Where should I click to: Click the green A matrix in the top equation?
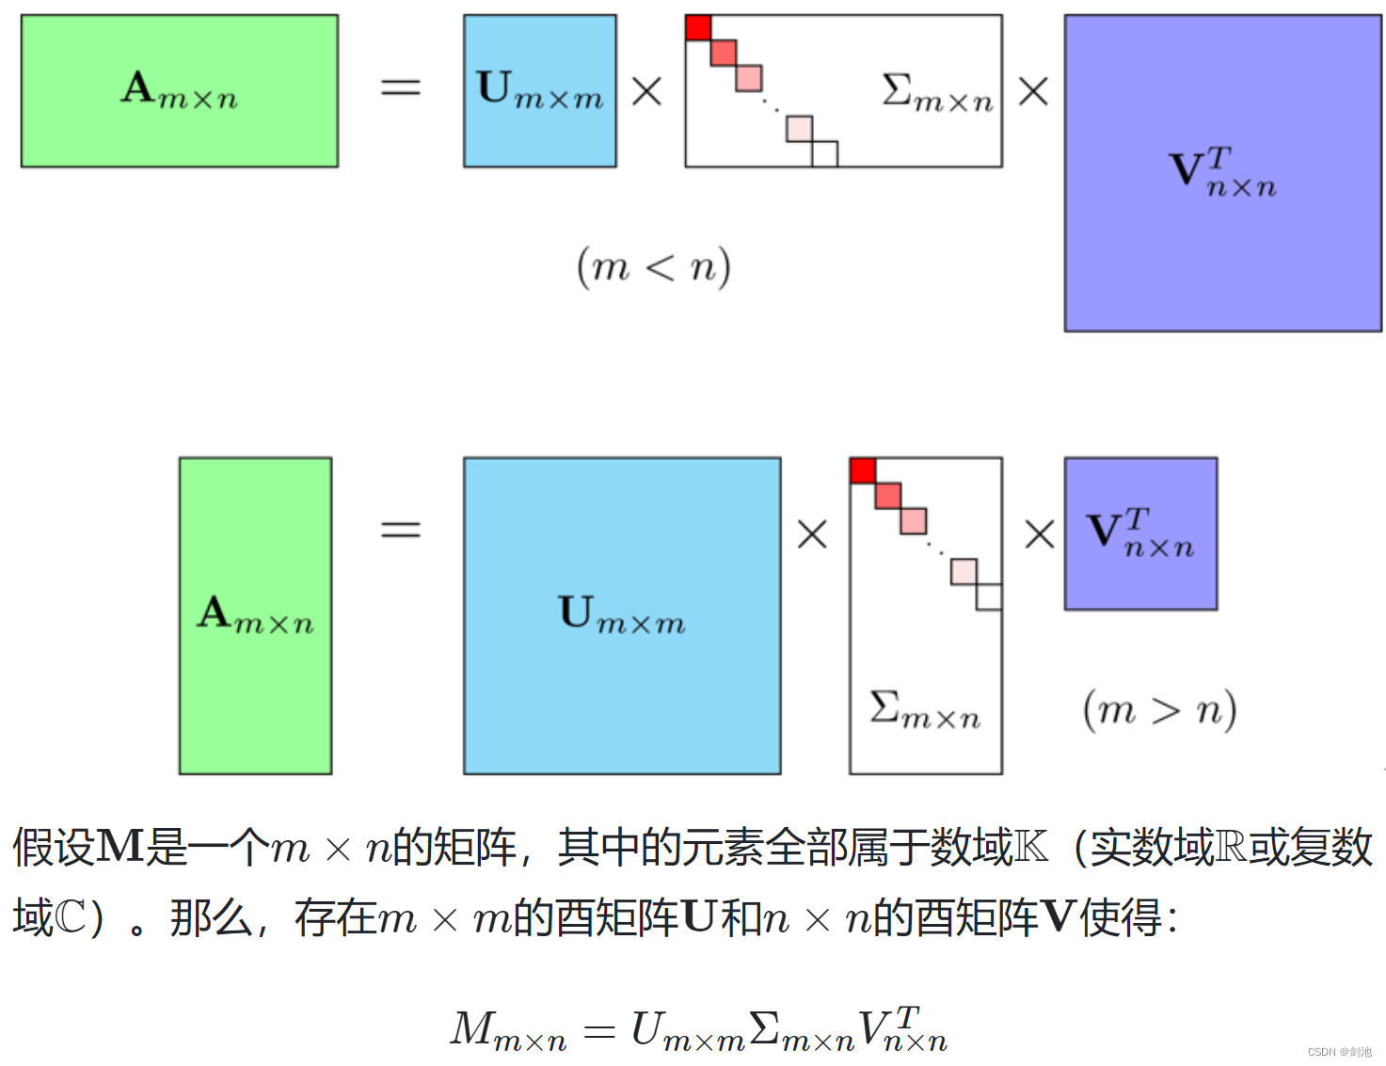[x=179, y=91]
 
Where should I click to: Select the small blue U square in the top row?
[x=539, y=91]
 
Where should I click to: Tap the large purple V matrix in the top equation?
[x=1222, y=173]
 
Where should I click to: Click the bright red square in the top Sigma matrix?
[x=698, y=28]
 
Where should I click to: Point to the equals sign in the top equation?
[x=400, y=88]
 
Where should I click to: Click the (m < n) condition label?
[x=654, y=267]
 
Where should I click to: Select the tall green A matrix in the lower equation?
[x=255, y=615]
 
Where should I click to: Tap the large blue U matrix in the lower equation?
[x=621, y=615]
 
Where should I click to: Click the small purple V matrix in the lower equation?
[x=1140, y=533]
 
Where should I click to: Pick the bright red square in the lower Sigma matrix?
[x=863, y=470]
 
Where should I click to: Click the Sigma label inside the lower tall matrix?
[x=925, y=710]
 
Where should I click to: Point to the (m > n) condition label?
[x=1159, y=710]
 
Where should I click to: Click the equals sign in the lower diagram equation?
[x=400, y=530]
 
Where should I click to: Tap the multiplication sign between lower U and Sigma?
[x=811, y=534]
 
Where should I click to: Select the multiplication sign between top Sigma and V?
[x=1033, y=91]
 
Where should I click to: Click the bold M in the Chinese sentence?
[x=119, y=847]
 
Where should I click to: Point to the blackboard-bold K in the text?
[x=1030, y=847]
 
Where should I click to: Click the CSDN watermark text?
[x=1339, y=1052]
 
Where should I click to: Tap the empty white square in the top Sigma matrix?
[x=825, y=153]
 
